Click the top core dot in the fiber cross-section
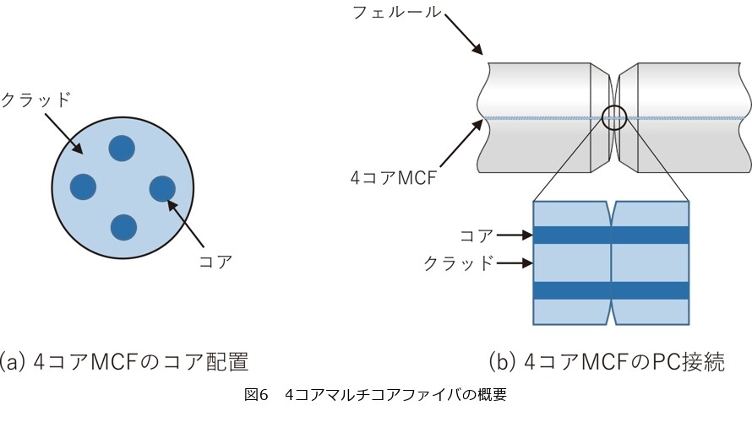(x=122, y=148)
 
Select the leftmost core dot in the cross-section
(x=83, y=187)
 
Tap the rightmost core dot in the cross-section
(x=162, y=188)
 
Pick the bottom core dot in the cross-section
(x=123, y=228)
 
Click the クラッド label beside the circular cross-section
(x=36, y=100)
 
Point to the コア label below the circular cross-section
(x=215, y=262)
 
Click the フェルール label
(x=397, y=12)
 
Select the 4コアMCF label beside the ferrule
(x=394, y=178)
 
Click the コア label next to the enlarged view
(x=477, y=235)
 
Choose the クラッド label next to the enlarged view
(x=459, y=263)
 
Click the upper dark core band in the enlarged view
(x=612, y=235)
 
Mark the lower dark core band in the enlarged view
(x=612, y=290)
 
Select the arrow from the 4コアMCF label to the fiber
(x=461, y=143)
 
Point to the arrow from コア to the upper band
(x=515, y=235)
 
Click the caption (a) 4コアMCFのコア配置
(x=123, y=361)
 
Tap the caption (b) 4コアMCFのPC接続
(x=607, y=361)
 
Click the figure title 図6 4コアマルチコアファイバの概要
(x=375, y=395)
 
